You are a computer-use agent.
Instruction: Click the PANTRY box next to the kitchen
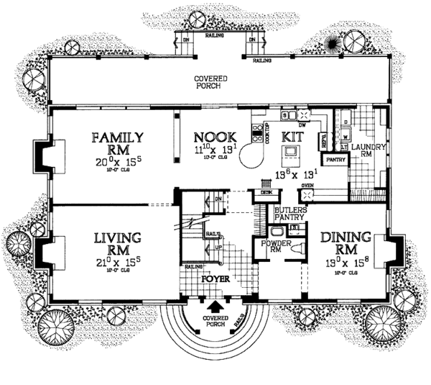point(333,159)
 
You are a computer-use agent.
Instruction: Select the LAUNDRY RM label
point(371,150)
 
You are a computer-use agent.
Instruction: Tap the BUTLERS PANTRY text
point(289,214)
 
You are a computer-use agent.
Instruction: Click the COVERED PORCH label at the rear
point(215,81)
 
